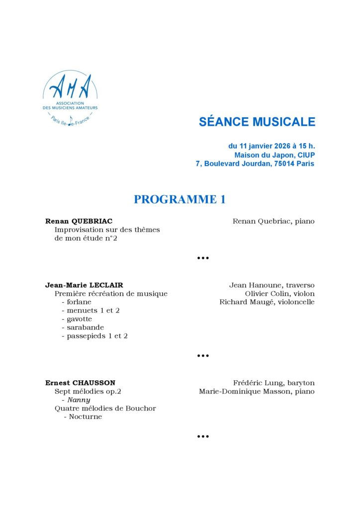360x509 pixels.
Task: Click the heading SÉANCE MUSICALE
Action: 257,122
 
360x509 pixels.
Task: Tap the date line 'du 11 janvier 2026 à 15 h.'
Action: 271,146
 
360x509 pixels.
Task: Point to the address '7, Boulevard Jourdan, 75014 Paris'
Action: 255,164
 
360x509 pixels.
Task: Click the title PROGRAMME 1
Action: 180,200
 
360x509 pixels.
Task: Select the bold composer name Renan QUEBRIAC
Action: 79,221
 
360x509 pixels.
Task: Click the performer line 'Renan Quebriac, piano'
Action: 273,221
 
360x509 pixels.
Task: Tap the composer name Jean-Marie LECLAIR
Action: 88,285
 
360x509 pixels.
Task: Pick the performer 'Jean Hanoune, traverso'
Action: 272,285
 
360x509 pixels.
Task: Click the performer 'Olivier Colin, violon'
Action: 280,294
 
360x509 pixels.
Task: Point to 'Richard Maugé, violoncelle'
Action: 267,302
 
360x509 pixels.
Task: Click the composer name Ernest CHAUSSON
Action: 80,383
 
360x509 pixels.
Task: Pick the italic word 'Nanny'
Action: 79,400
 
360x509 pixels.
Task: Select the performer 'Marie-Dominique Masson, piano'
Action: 257,392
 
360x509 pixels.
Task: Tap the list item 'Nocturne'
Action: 85,417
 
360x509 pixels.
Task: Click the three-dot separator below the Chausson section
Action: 202,437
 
